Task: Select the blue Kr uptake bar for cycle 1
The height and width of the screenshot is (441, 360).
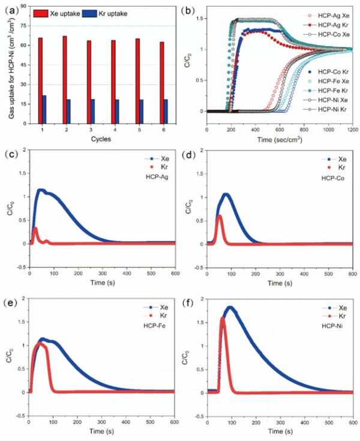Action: [x=44, y=109]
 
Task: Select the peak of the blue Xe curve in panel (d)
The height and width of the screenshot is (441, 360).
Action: [x=226, y=194]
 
